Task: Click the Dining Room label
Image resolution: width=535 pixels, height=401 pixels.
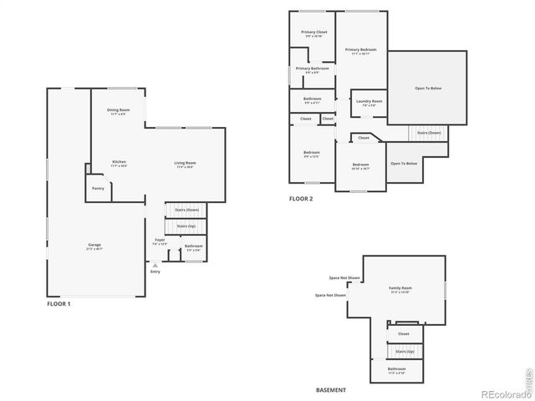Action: (118, 110)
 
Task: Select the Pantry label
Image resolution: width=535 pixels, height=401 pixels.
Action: (98, 189)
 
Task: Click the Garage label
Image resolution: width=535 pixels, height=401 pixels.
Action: (94, 245)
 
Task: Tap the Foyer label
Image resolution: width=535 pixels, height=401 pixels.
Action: (160, 240)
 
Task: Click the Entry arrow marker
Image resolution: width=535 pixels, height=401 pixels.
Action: (155, 266)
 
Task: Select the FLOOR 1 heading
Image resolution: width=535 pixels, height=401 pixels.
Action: (59, 304)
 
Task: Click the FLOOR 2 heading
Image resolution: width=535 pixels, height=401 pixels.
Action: (301, 199)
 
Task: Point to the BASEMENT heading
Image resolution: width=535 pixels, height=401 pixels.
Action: (331, 390)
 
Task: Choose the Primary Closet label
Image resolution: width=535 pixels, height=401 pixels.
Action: (314, 33)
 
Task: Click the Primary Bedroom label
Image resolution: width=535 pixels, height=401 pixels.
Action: (360, 49)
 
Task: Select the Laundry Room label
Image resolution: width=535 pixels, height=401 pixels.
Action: (369, 102)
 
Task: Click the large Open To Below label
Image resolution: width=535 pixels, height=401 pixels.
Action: (427, 88)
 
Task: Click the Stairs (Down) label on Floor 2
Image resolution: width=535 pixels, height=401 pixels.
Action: (429, 133)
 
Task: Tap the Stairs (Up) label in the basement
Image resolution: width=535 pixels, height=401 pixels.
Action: (405, 352)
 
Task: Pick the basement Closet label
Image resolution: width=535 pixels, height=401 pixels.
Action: (404, 334)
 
